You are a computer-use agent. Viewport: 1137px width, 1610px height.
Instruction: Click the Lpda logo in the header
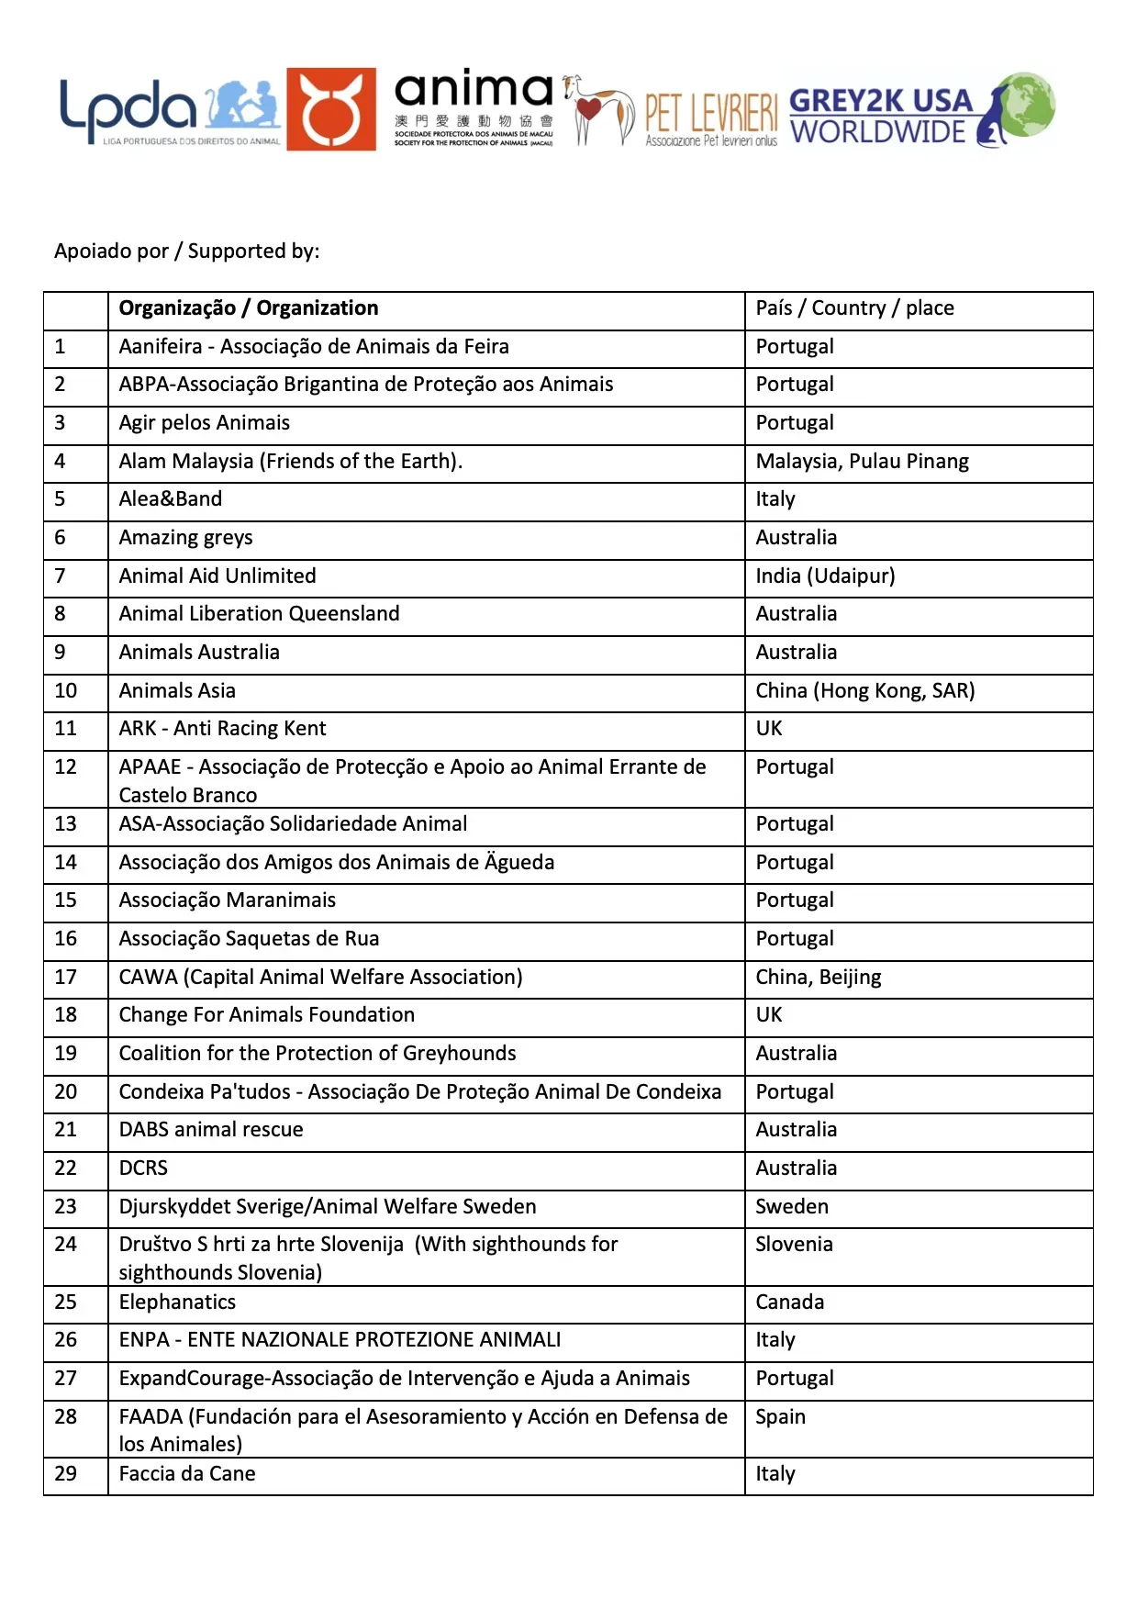pyautogui.click(x=170, y=111)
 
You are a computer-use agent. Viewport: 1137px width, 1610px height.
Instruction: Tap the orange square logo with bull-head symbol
pyautogui.click(x=330, y=109)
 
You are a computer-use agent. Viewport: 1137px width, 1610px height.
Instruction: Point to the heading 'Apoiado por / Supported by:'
pyautogui.click(x=186, y=251)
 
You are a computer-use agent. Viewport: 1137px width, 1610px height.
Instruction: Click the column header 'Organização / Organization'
pyautogui.click(x=248, y=308)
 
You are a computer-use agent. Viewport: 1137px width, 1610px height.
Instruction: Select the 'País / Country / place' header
pyautogui.click(x=853, y=308)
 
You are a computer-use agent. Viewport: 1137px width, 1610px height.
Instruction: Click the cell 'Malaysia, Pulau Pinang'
pyautogui.click(x=861, y=462)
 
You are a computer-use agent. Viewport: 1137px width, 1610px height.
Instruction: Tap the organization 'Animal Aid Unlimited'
pyautogui.click(x=217, y=576)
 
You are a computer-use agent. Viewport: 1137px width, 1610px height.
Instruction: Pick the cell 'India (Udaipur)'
pyautogui.click(x=824, y=576)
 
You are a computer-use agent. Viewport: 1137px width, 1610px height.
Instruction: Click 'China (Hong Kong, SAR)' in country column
pyautogui.click(x=864, y=691)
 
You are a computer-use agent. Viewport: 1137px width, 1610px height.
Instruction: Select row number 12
pyautogui.click(x=66, y=767)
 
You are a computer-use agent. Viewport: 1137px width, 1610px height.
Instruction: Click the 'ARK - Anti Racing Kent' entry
pyautogui.click(x=222, y=729)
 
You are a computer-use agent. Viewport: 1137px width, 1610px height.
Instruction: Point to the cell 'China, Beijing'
pyautogui.click(x=818, y=978)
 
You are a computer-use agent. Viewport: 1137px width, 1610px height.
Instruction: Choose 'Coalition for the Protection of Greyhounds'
pyautogui.click(x=317, y=1054)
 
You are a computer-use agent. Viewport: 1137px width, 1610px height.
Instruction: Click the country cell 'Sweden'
pyautogui.click(x=791, y=1207)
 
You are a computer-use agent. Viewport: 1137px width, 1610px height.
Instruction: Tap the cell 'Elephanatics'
pyautogui.click(x=177, y=1303)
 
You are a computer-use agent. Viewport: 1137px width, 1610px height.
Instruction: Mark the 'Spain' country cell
pyautogui.click(x=780, y=1417)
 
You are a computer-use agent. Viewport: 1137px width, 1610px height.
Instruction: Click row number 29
pyautogui.click(x=66, y=1474)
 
